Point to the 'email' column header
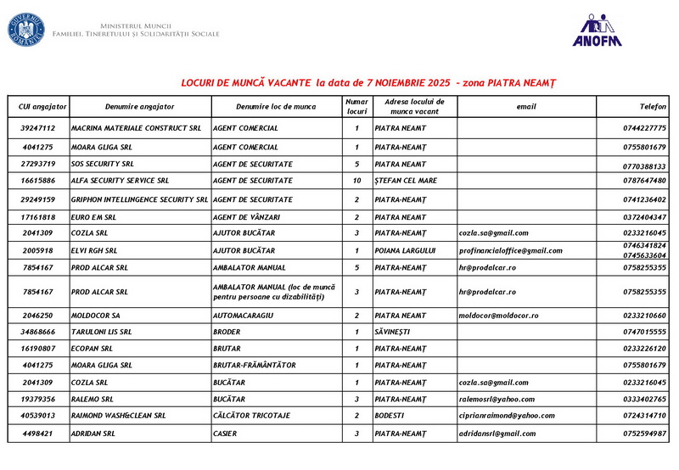pyautogui.click(x=526, y=107)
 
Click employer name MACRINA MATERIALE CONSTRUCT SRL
pyautogui.click(x=136, y=128)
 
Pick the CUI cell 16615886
pyautogui.click(x=38, y=181)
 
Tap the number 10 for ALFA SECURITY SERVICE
pyautogui.click(x=356, y=181)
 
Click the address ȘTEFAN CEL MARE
pyautogui.click(x=405, y=181)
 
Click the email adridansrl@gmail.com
pyautogui.click(x=498, y=434)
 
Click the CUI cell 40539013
pyautogui.click(x=38, y=416)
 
